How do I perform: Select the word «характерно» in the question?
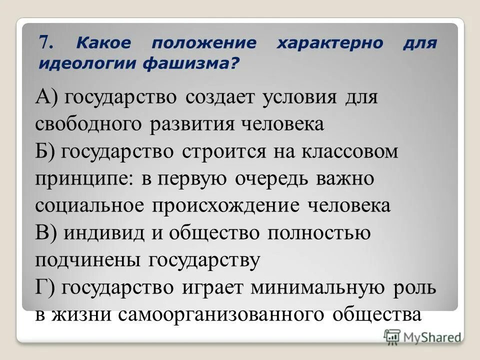point(330,43)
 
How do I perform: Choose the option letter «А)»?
point(46,96)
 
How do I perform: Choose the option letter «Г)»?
point(45,288)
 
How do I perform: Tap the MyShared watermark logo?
point(423,336)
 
